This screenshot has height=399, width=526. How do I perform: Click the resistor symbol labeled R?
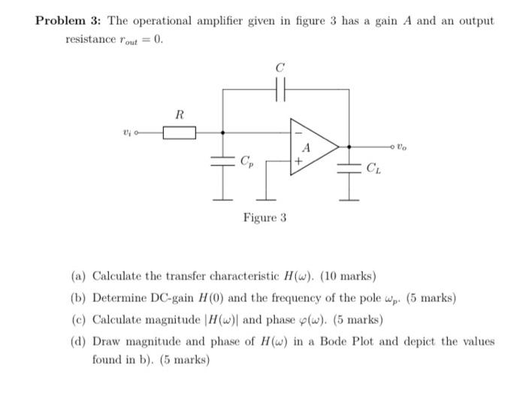pyautogui.click(x=179, y=133)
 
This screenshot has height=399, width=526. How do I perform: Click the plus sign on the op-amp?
pyautogui.click(x=298, y=160)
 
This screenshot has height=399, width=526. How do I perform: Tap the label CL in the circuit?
pyautogui.click(x=373, y=168)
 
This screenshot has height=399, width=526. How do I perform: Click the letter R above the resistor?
pyautogui.click(x=179, y=115)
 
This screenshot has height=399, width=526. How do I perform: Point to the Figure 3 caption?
pyautogui.click(x=265, y=218)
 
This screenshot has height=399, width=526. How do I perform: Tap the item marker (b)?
pyautogui.click(x=78, y=298)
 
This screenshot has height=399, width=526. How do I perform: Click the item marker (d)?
pyautogui.click(x=78, y=341)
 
